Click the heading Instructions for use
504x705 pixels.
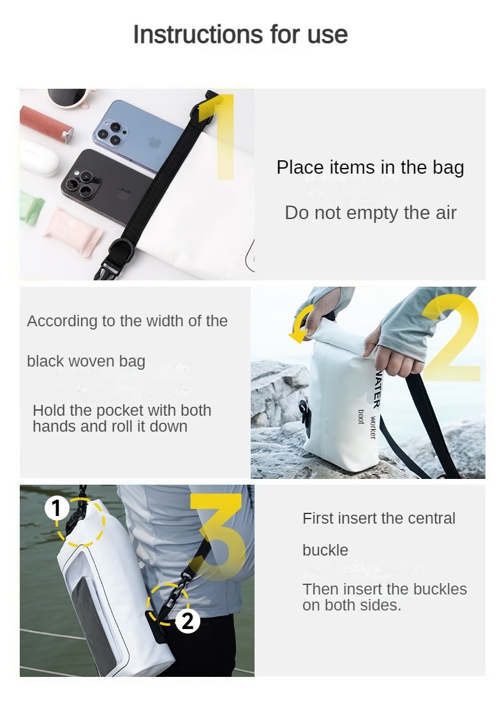click(240, 34)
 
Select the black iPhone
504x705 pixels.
click(102, 185)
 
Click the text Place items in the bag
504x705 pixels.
click(370, 167)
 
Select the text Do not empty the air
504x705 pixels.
click(370, 213)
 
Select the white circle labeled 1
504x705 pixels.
click(57, 509)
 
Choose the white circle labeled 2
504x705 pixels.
click(188, 621)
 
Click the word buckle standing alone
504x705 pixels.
click(325, 550)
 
